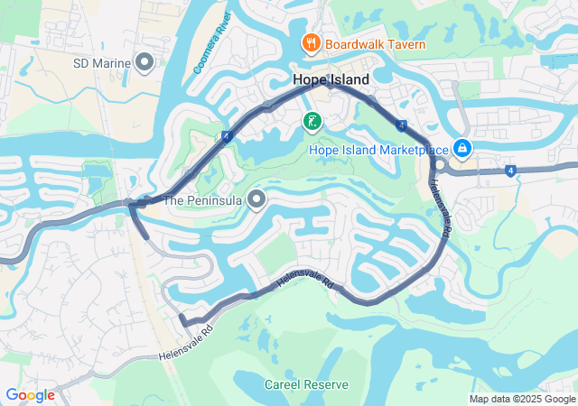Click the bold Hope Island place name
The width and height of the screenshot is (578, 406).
tap(331, 80)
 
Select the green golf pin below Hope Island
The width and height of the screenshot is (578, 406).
tap(312, 121)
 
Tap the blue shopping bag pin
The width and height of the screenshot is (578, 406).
tap(461, 146)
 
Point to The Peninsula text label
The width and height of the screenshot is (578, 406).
tap(204, 200)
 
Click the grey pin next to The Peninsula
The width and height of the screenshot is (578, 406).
tap(257, 199)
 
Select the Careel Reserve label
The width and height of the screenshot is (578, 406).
tap(306, 384)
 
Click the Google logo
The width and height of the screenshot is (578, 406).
tap(30, 395)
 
